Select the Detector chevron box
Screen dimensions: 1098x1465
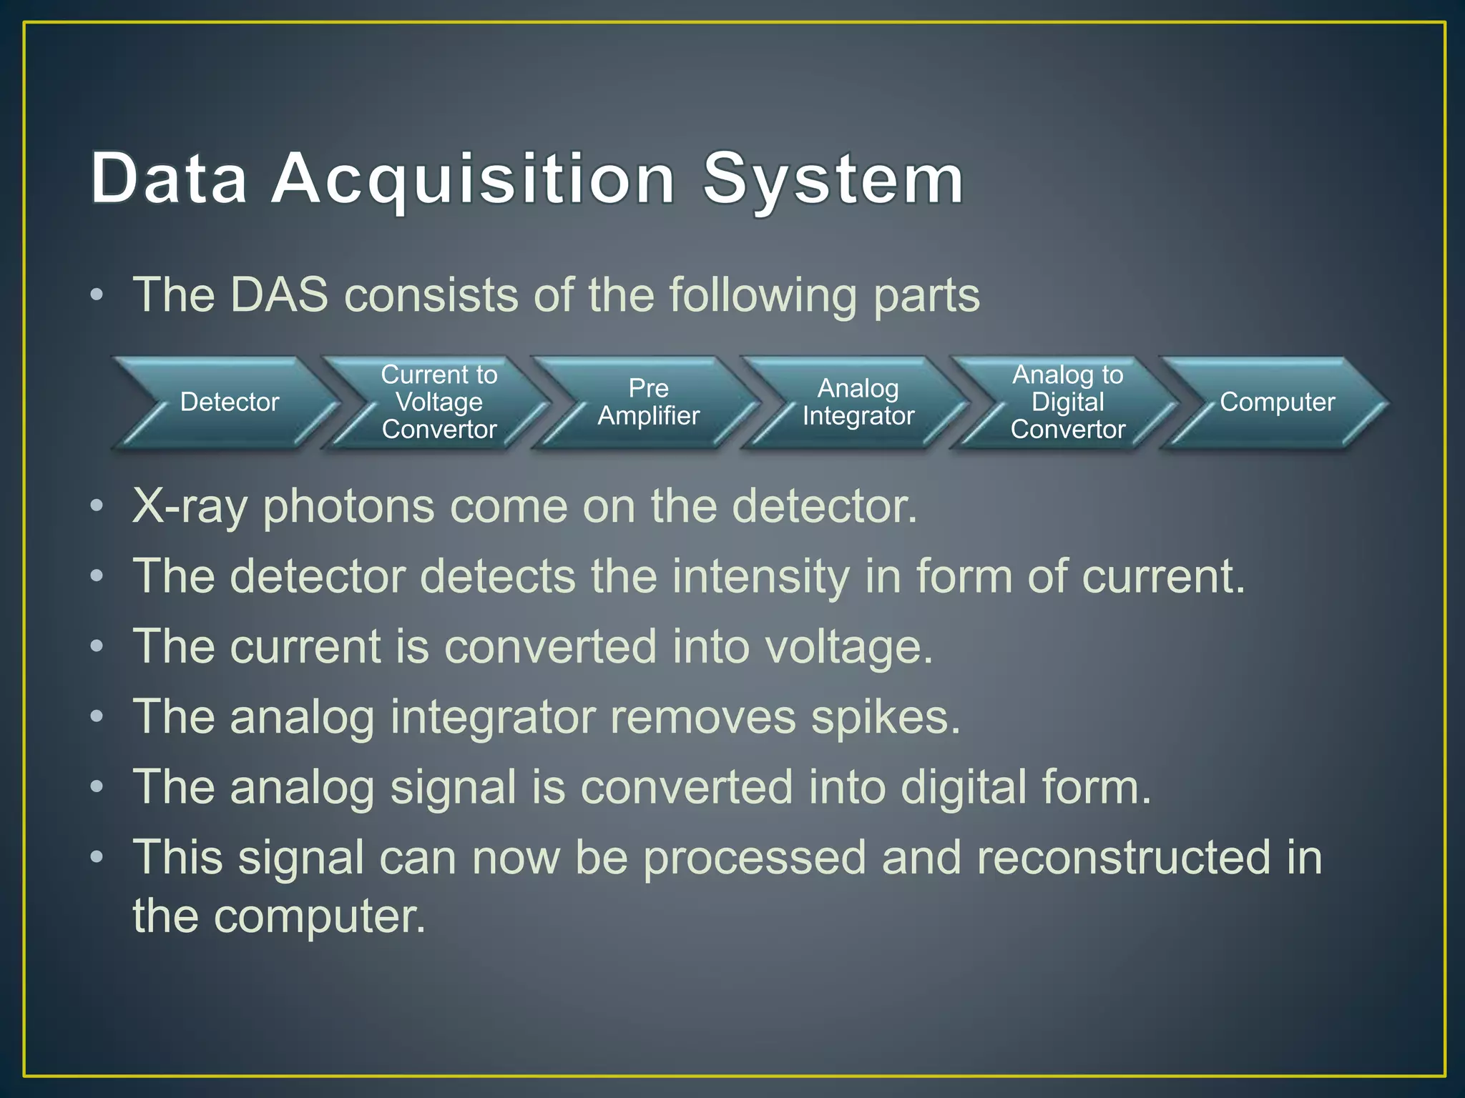pos(229,402)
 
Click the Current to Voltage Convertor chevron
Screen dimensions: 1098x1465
pos(438,402)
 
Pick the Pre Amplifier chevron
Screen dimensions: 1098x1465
pos(648,402)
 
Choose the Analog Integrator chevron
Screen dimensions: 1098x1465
pos(858,402)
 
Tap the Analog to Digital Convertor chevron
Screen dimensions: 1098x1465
pos(1067,402)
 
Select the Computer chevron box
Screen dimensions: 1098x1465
pos(1277,402)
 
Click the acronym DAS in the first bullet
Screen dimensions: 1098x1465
pos(279,295)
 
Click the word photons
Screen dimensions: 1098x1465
pos(348,507)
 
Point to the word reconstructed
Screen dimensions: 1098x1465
pos(1124,857)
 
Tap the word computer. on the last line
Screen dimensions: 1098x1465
pos(320,916)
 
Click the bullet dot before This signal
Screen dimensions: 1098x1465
pos(97,856)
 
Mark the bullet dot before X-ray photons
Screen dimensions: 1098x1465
pos(97,506)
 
